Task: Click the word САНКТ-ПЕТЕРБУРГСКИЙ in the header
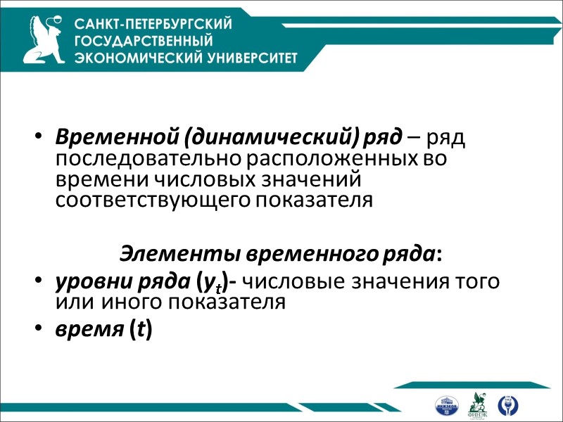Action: click(x=153, y=24)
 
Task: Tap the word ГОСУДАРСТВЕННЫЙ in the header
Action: click(x=143, y=40)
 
